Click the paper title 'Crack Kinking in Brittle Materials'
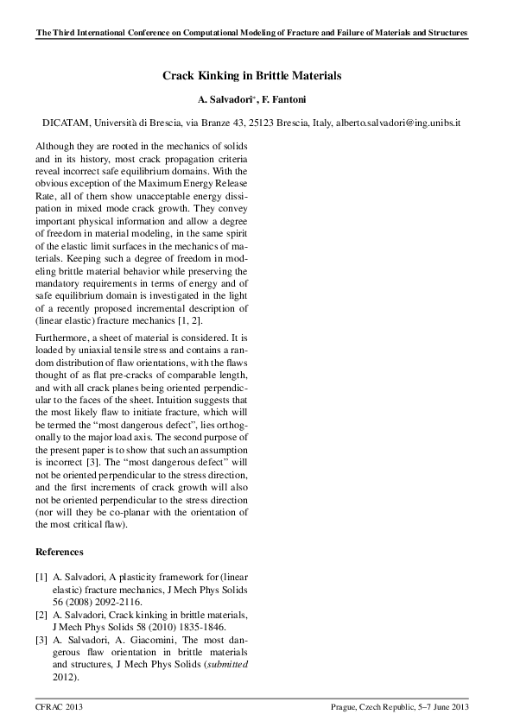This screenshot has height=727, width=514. tap(252, 76)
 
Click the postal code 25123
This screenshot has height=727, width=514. tap(252, 123)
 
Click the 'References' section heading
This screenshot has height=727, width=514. tap(59, 551)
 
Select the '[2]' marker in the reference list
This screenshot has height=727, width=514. tap(41, 615)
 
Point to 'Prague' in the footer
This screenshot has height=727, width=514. tap(344, 708)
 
